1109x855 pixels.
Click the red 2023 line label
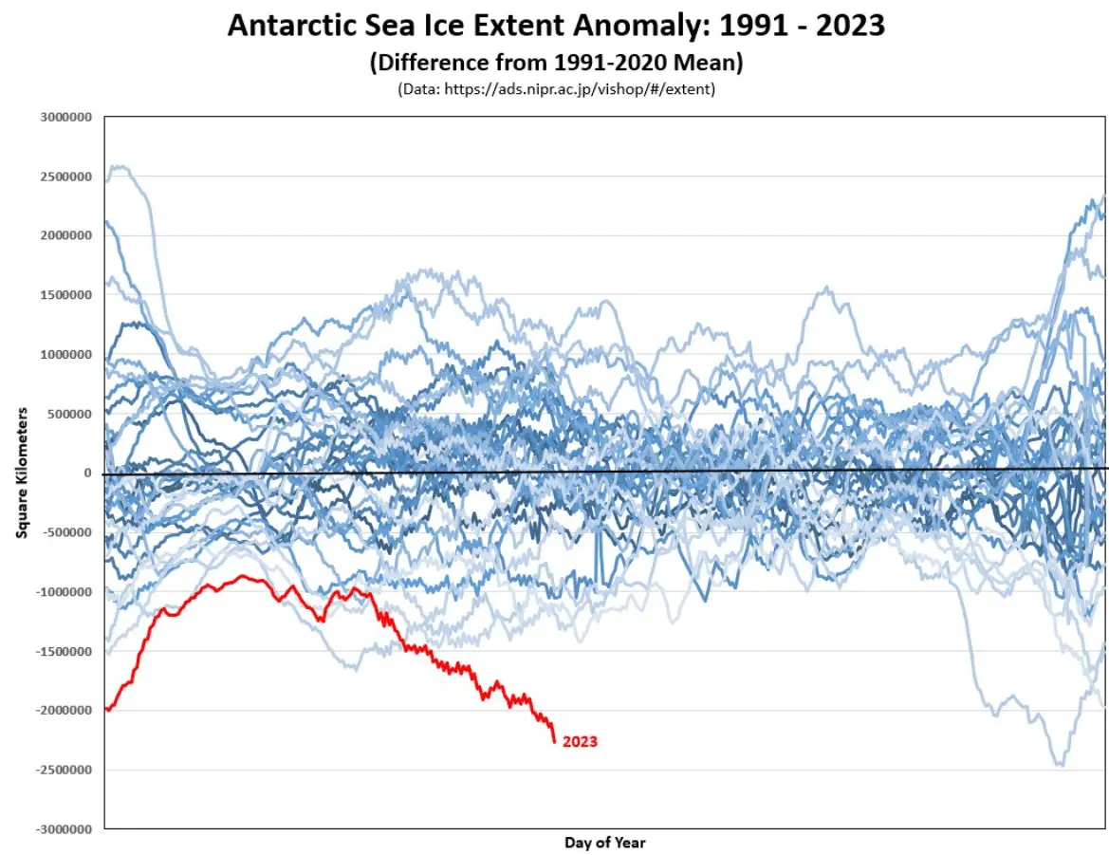tap(580, 741)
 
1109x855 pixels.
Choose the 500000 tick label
tap(68, 415)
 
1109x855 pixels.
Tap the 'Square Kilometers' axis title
tap(20, 474)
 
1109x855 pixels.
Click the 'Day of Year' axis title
tap(604, 843)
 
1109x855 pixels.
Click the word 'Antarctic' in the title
tap(295, 26)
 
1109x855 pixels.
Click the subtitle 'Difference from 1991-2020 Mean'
tap(556, 63)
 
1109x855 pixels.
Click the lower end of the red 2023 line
tap(554, 742)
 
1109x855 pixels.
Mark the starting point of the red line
tap(105, 708)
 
